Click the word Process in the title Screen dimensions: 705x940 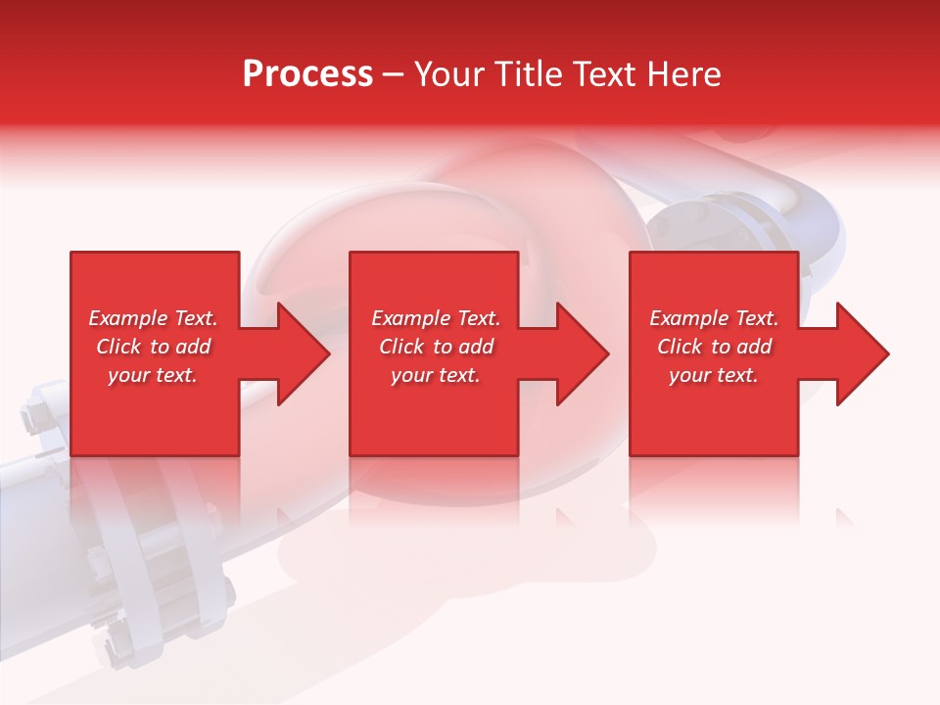coord(307,74)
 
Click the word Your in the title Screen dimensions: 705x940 coord(449,74)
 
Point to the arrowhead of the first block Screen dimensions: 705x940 coord(300,353)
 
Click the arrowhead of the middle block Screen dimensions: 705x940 coord(580,353)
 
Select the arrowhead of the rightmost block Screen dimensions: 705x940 coord(860,353)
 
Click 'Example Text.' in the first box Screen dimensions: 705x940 coord(153,318)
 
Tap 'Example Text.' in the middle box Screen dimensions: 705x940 coord(436,318)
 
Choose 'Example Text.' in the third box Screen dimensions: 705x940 coord(714,318)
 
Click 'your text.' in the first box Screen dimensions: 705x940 coord(153,375)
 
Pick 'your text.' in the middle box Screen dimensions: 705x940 coord(436,375)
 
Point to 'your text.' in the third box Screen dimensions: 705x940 coord(714,375)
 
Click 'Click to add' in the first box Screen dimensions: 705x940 coord(153,347)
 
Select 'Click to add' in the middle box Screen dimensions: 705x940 coord(436,347)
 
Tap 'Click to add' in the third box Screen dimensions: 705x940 coord(714,347)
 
